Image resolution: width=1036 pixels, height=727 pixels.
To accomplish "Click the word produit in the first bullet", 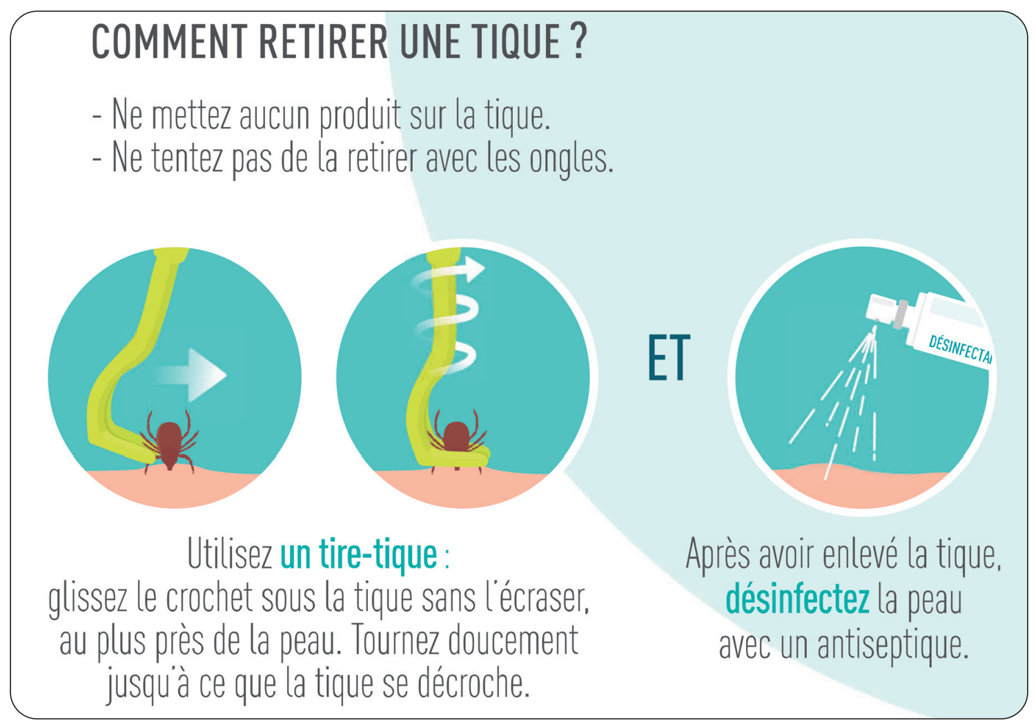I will point(360,116).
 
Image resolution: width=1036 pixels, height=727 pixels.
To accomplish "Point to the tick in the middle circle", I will point(456,439).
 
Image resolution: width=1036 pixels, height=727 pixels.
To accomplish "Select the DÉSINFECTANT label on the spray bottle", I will point(959,348).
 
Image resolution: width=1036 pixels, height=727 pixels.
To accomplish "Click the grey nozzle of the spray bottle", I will point(900,314).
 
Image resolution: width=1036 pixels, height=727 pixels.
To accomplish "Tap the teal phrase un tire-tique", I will point(358,554).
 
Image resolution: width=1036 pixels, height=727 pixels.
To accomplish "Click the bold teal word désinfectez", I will point(797,599).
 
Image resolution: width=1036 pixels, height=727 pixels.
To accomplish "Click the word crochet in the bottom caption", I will point(209,598).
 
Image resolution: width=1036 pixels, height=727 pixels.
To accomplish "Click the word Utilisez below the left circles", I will point(230,554).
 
